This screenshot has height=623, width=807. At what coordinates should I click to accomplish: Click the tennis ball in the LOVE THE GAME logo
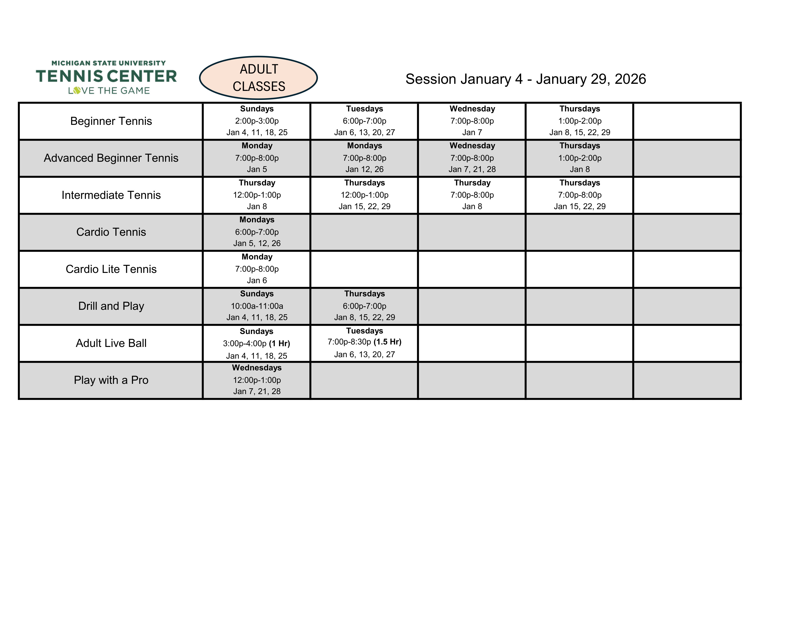click(77, 90)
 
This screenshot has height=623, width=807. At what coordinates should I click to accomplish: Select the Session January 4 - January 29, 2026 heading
click(526, 79)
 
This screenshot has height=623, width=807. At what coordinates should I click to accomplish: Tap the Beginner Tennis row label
click(111, 121)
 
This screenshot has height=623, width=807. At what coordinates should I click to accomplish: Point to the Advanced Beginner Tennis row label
click(111, 158)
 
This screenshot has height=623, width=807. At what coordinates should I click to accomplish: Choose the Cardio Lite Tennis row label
click(111, 269)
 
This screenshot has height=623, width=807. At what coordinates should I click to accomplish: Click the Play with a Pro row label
click(111, 380)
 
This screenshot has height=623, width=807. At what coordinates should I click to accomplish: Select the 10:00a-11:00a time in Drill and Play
click(257, 306)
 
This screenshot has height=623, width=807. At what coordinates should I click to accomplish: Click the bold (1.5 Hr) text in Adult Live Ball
click(387, 342)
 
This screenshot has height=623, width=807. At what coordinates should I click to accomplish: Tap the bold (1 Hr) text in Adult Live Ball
click(279, 344)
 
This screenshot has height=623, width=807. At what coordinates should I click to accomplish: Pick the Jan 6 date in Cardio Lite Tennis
click(257, 280)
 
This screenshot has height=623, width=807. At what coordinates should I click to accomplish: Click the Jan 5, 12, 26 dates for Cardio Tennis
click(257, 244)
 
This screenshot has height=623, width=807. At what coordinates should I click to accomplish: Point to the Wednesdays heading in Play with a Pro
click(257, 368)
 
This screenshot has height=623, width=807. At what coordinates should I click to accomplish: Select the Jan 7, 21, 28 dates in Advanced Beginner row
click(472, 169)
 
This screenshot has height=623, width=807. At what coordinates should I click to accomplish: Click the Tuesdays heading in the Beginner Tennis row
click(364, 109)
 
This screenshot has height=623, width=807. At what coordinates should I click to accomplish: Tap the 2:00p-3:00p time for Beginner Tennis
click(257, 121)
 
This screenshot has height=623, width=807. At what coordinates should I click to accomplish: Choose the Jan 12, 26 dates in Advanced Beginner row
click(364, 169)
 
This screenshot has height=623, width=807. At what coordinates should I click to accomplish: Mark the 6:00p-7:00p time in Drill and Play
click(364, 306)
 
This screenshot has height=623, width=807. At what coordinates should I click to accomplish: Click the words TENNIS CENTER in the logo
click(106, 76)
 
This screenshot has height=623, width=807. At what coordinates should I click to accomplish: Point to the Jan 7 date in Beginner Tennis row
click(472, 132)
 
